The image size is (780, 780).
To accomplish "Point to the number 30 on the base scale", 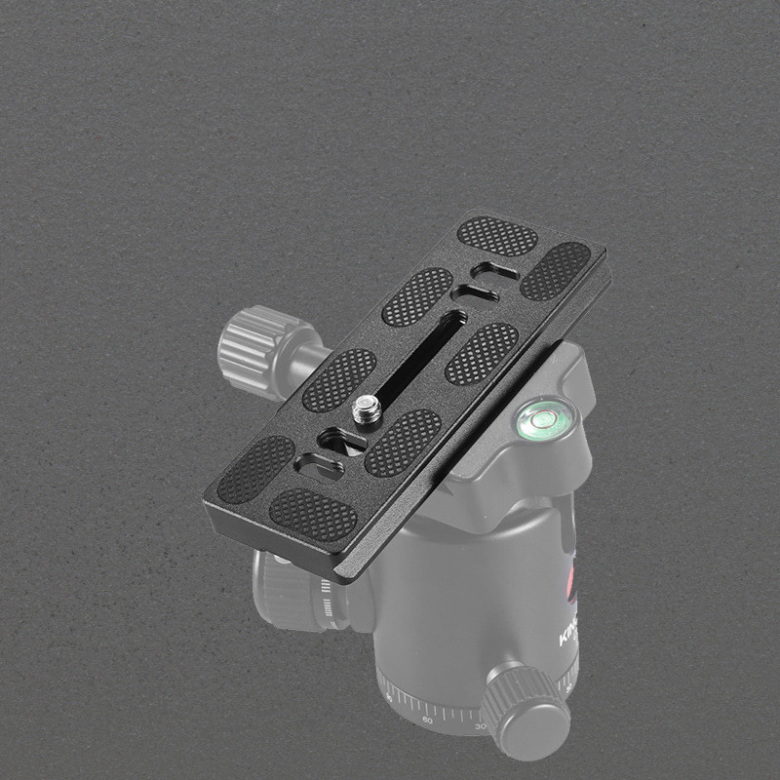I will (x=479, y=727).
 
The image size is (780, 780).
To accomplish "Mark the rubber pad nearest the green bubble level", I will (x=482, y=352).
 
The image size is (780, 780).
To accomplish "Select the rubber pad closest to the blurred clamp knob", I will (x=339, y=379).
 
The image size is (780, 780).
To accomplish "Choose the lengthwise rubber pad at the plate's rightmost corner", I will (x=556, y=270).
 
